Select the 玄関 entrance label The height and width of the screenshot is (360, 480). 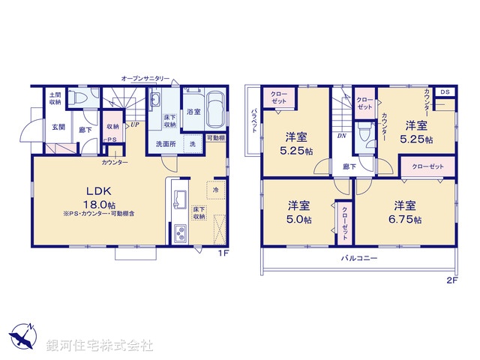(58, 127)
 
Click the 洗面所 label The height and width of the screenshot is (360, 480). (165, 142)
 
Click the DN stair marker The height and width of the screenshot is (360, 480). (341, 136)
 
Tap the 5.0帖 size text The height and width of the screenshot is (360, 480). (300, 220)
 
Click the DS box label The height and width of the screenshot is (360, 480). (445, 91)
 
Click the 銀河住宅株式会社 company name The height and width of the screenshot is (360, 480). (100, 346)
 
